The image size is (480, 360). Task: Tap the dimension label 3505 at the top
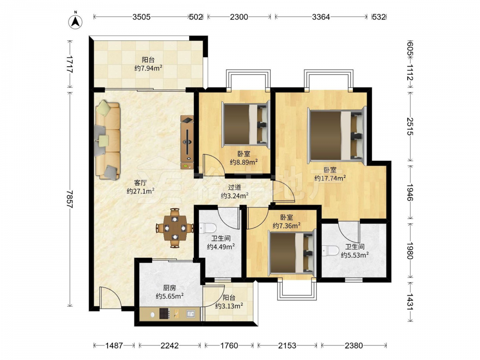(x=142, y=17)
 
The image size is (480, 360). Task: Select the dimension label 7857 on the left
(x=71, y=199)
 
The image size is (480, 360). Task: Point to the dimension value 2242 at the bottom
(x=169, y=346)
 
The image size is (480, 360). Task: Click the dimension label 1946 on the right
(x=410, y=192)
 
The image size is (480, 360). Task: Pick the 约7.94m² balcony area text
(x=148, y=68)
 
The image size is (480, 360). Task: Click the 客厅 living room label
(x=140, y=183)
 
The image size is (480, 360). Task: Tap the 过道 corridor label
(x=235, y=187)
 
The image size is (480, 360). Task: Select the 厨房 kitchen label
(x=169, y=288)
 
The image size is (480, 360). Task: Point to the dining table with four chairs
(x=175, y=228)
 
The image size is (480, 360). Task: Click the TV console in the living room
(x=187, y=142)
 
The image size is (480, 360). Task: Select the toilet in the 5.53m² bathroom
(x=330, y=251)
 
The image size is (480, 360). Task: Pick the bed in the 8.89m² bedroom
(x=246, y=124)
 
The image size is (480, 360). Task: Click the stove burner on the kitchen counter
(x=164, y=313)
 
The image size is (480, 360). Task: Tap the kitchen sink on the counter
(x=191, y=313)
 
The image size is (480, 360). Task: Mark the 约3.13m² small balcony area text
(x=229, y=305)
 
